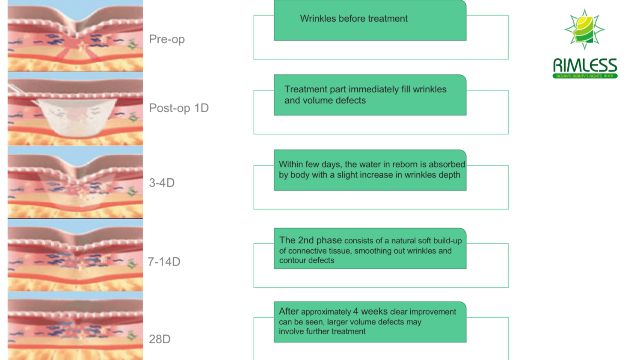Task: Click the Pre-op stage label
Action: [166, 39]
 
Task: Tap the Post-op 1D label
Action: [179, 108]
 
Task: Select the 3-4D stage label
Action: [162, 183]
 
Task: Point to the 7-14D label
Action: [164, 262]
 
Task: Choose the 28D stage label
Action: [160, 339]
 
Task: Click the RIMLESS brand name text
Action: [585, 65]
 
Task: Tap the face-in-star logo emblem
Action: [584, 29]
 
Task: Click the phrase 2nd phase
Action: [320, 240]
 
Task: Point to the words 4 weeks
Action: [370, 311]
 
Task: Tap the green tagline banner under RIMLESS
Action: [585, 76]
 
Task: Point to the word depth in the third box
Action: [450, 175]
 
